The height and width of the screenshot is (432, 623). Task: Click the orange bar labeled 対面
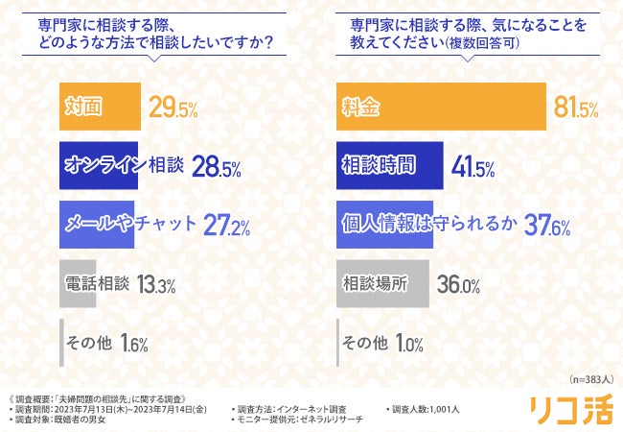pyautogui.click(x=100, y=106)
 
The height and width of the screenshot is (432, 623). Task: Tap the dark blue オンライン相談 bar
pyautogui.click(x=100, y=165)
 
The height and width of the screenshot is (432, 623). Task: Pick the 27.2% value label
pyautogui.click(x=229, y=225)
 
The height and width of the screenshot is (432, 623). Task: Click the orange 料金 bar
pyautogui.click(x=442, y=106)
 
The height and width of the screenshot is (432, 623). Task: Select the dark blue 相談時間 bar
pyautogui.click(x=389, y=165)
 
